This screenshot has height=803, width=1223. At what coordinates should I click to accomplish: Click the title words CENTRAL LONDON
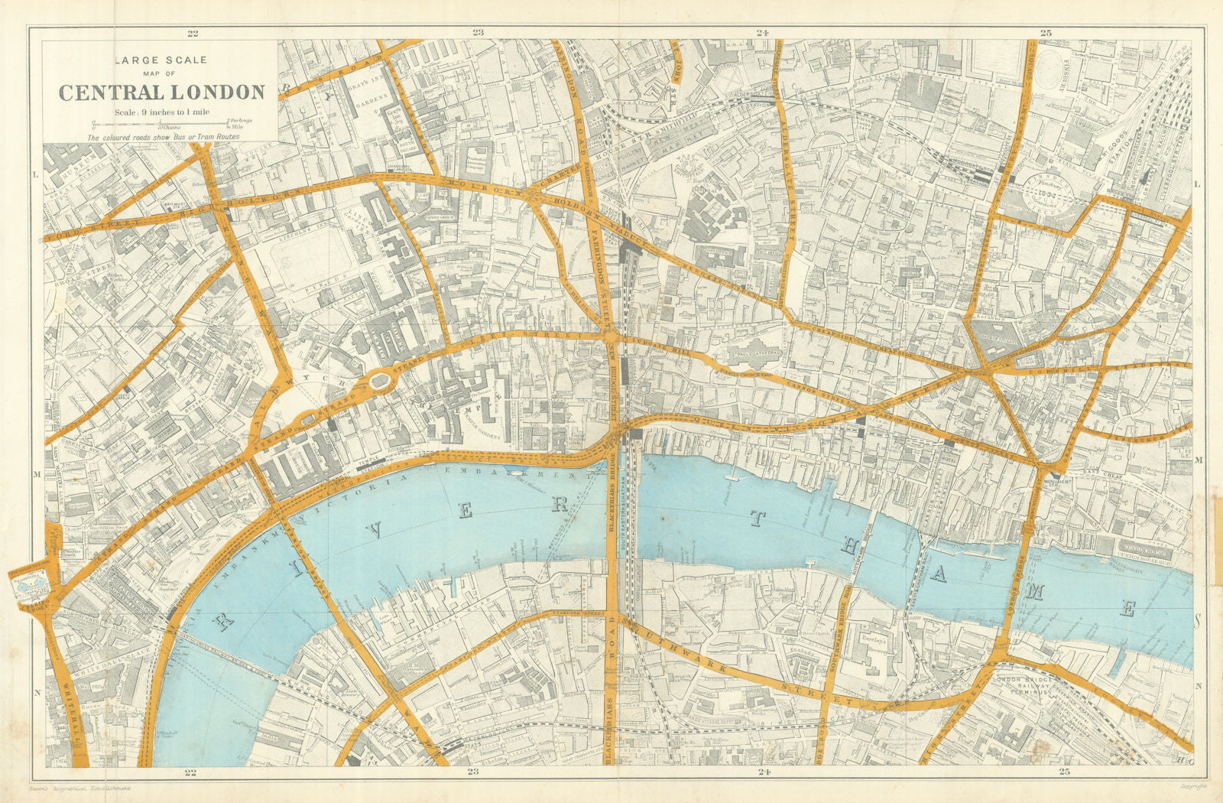tap(162, 93)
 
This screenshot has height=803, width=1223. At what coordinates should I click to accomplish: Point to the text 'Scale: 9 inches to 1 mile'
tap(162, 112)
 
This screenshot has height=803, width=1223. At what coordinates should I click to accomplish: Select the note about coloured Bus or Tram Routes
tap(163, 137)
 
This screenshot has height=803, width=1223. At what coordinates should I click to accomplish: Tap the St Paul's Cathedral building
tap(753, 353)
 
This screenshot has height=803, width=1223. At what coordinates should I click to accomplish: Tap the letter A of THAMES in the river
tap(938, 576)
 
